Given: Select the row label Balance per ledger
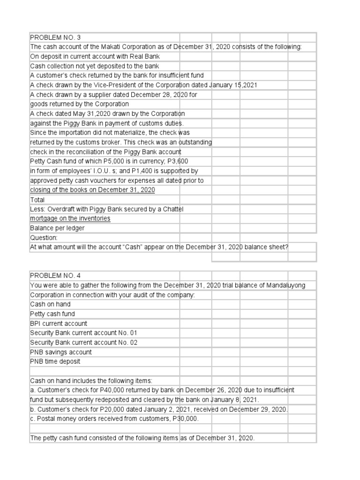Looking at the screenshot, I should pos(57,228).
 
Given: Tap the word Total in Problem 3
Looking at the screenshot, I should pos(37,200).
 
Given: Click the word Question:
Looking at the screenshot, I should pos(44,238).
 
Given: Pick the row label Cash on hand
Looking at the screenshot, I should pos(50,304).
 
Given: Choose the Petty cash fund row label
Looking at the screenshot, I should pos(52,314).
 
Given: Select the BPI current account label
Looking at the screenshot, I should pos(59,323).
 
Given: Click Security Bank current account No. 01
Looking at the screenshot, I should pos(84,333).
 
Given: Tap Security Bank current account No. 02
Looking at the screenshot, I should pos(84,343).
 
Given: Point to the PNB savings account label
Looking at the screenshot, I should pos(61,352).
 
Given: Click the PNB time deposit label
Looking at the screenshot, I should pos(55,361).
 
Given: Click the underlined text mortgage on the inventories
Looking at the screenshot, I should pos(70,218).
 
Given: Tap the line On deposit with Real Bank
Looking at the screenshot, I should pos(95,57).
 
